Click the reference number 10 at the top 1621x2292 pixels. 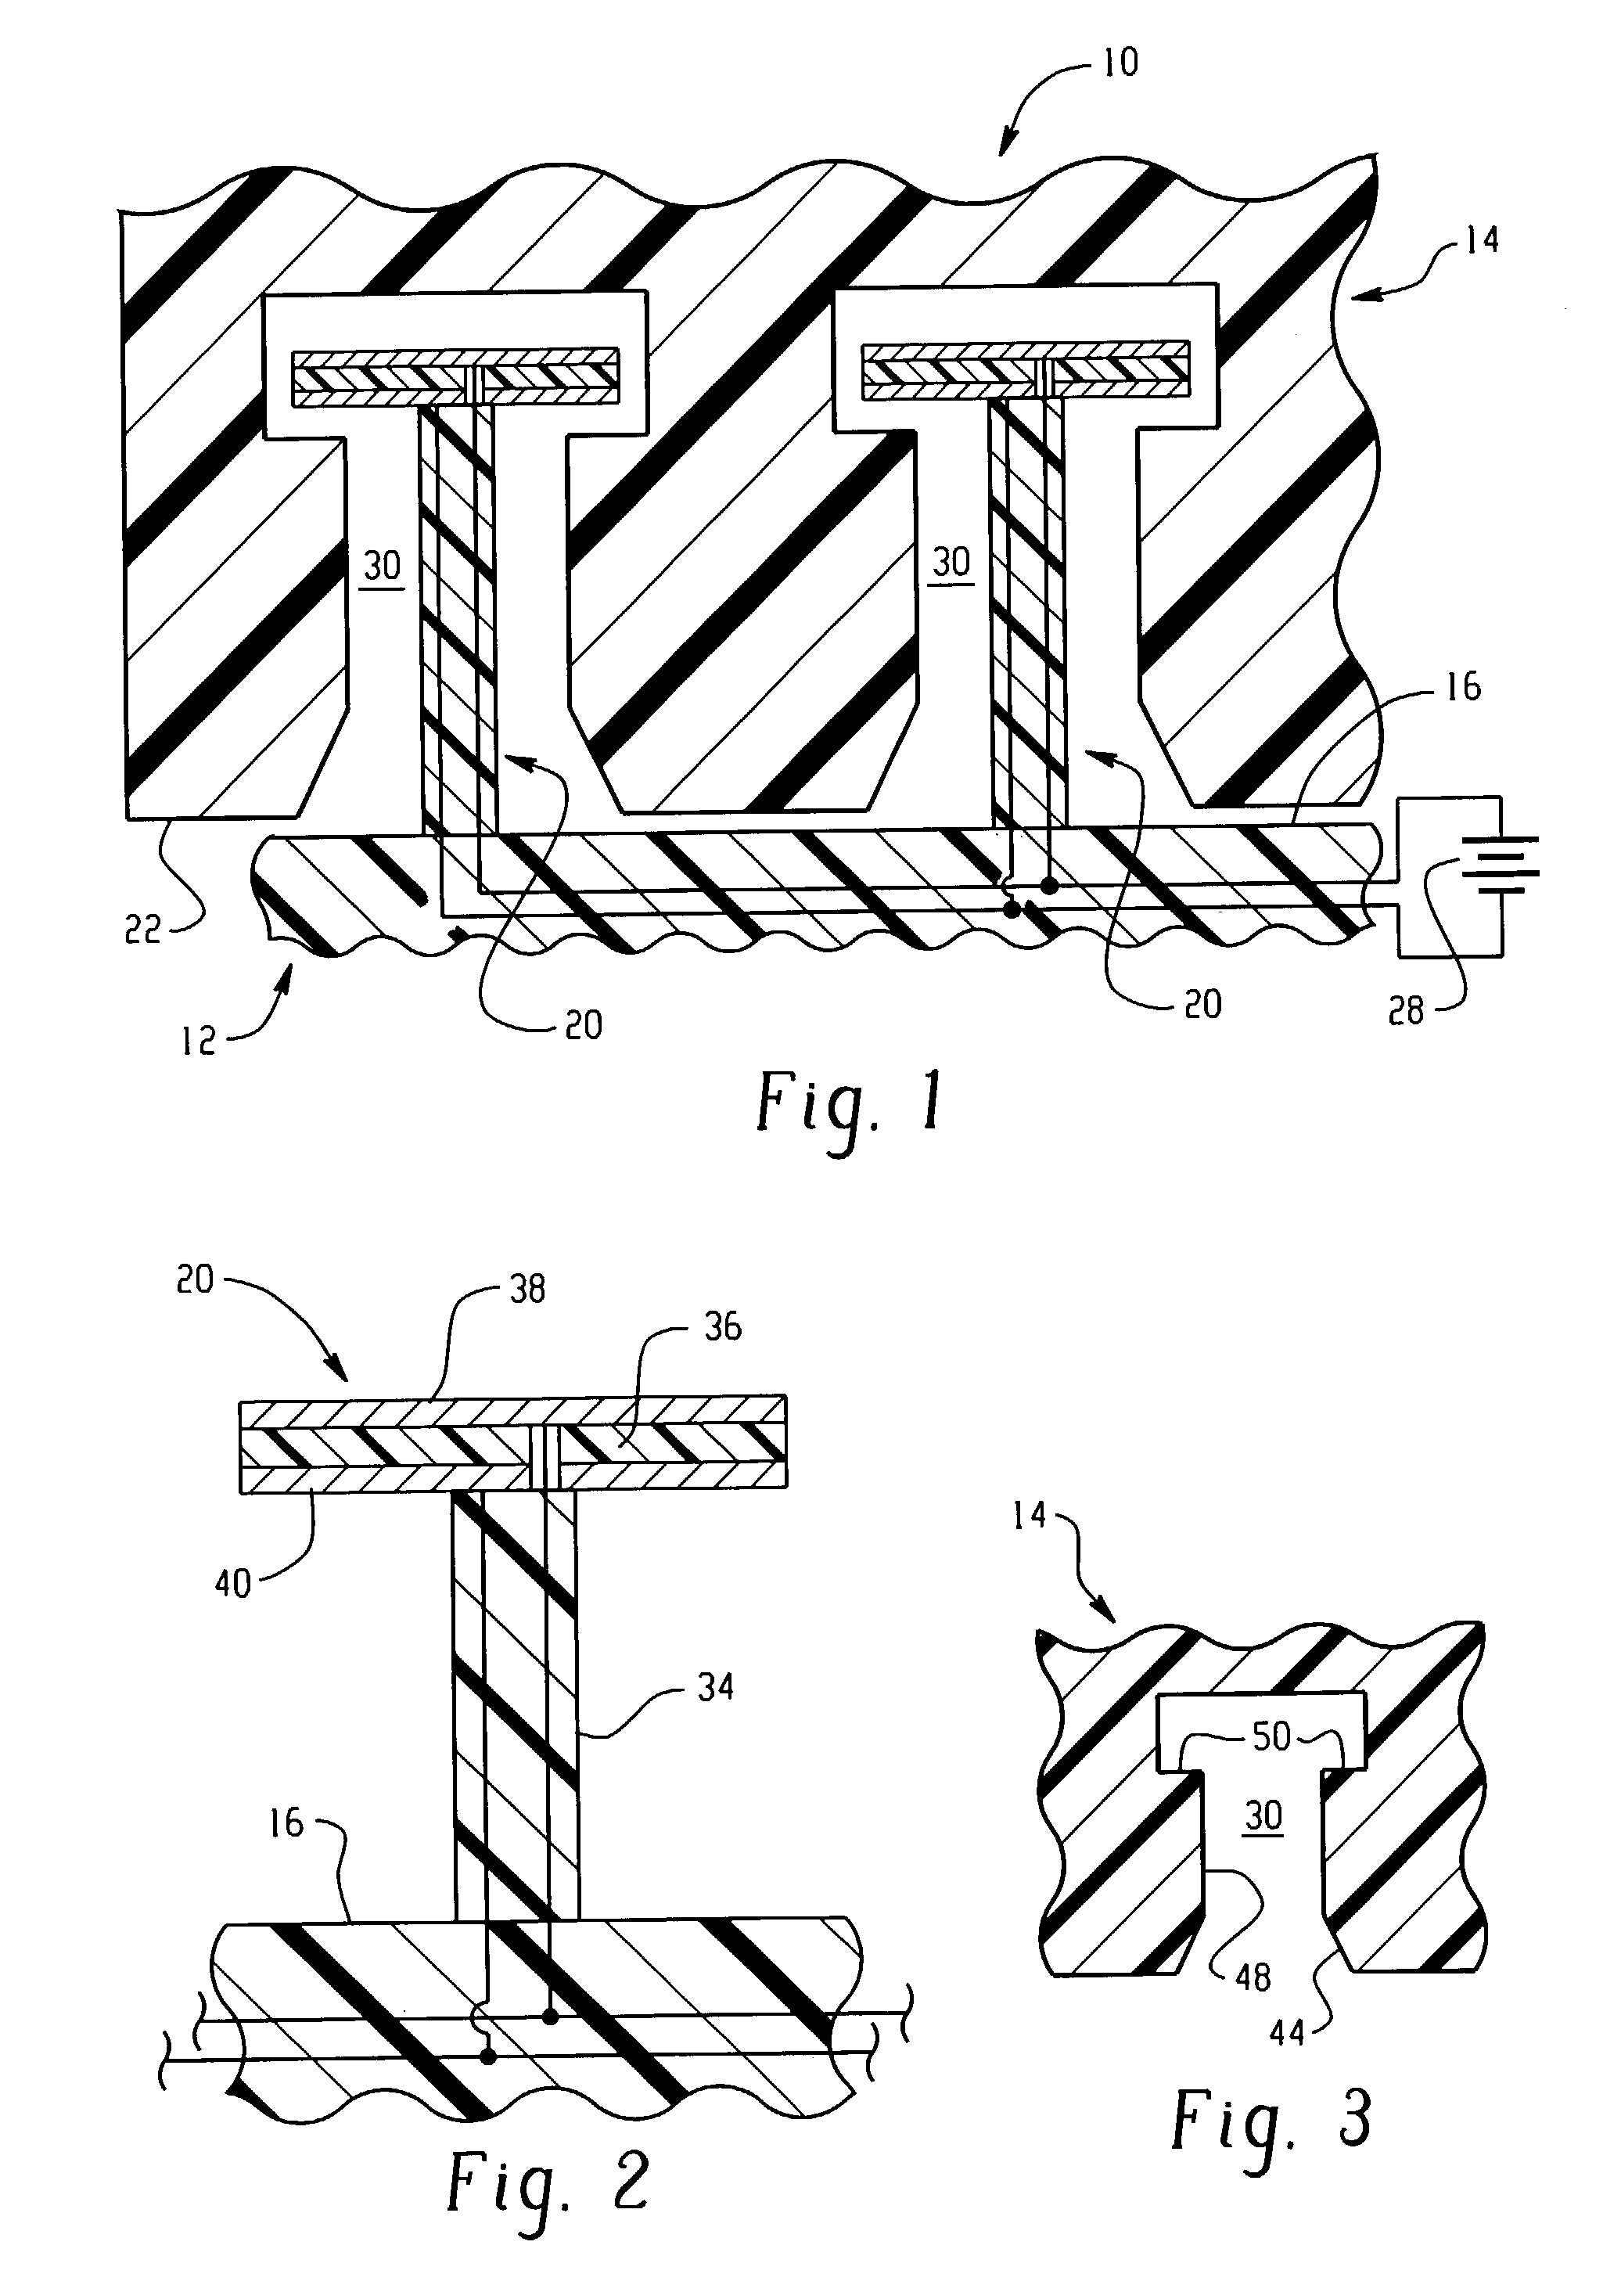(1120, 63)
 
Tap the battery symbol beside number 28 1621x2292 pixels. (1498, 865)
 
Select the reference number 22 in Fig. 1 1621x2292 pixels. (142, 930)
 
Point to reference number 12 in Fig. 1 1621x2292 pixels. (199, 1042)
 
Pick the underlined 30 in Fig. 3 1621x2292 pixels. (1263, 1814)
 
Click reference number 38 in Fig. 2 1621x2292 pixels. (527, 1289)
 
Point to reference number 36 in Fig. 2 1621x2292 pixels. (723, 1326)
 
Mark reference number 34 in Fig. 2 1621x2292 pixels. (716, 1687)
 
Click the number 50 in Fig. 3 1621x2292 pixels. (1271, 1737)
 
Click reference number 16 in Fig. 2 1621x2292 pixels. (286, 1822)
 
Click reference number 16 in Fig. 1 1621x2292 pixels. (1463, 687)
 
